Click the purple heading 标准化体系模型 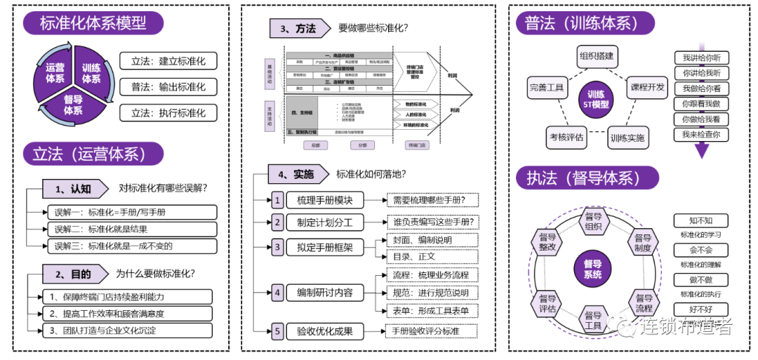[93, 22]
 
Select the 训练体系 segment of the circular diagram [91, 73]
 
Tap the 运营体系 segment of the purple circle [55, 73]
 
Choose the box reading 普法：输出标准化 [168, 87]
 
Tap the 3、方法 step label [298, 29]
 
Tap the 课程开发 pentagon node [646, 88]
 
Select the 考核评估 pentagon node [566, 137]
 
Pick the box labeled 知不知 [701, 220]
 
